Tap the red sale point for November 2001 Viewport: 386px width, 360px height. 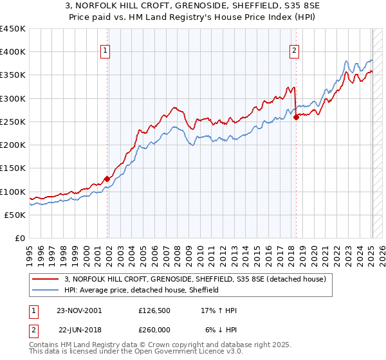point(107,179)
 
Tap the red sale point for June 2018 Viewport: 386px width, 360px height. point(296,117)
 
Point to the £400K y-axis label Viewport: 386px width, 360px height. point(13,52)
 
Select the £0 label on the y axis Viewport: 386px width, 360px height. point(19,238)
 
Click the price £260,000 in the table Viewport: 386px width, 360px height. point(154,328)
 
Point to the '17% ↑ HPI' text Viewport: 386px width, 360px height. point(219,310)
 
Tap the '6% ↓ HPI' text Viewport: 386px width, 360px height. point(221,328)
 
